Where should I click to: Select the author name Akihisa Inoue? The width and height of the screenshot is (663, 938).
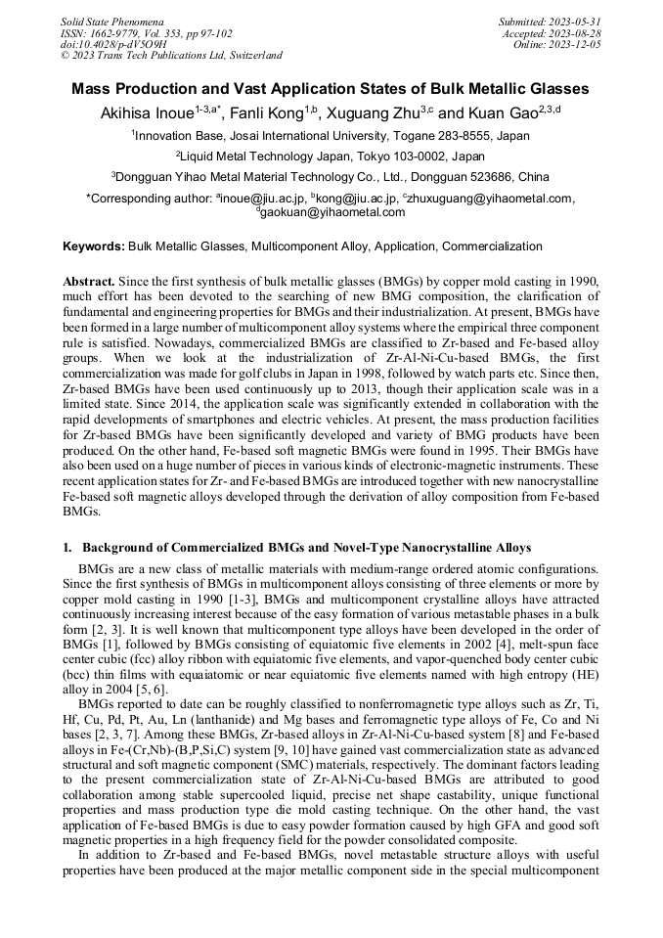pos(145,113)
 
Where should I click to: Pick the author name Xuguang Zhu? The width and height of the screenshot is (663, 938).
pos(373,113)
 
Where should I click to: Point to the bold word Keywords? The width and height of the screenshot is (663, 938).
pos(94,246)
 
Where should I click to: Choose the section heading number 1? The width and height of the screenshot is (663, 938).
pos(66,546)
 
